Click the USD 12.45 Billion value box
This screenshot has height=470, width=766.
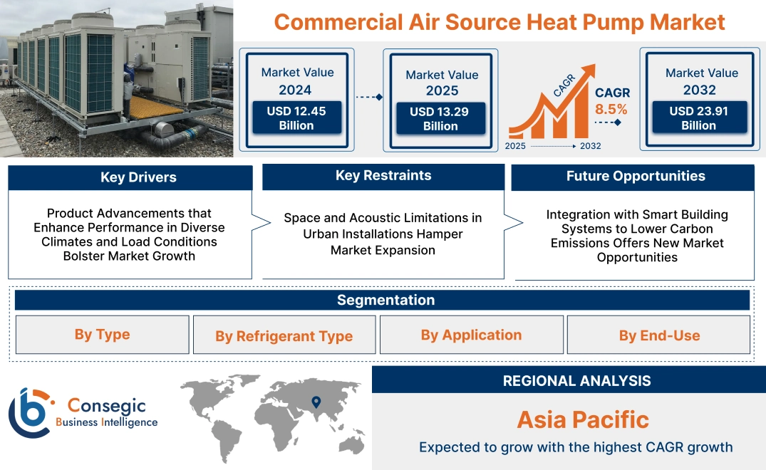click(x=296, y=117)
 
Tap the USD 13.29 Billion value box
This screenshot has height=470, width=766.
click(x=440, y=118)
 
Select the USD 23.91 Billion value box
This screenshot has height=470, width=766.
click(x=700, y=117)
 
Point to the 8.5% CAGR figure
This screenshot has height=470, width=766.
click(x=611, y=109)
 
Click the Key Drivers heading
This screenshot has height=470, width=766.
click(x=138, y=177)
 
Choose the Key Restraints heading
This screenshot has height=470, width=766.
click(x=383, y=175)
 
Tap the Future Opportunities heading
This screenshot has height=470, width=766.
click(x=636, y=176)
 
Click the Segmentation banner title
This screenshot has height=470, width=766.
click(x=386, y=300)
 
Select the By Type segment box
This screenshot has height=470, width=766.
click(x=102, y=334)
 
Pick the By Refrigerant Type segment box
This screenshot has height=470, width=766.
click(x=284, y=335)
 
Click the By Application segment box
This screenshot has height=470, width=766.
click(x=472, y=334)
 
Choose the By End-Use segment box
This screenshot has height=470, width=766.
click(x=658, y=334)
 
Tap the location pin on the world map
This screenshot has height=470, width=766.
click(x=316, y=402)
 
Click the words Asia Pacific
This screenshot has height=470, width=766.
click(x=584, y=419)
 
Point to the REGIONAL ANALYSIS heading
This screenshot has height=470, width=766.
click(x=577, y=381)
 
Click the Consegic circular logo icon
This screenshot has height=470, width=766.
click(x=29, y=412)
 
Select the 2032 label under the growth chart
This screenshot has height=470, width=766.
click(x=590, y=146)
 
